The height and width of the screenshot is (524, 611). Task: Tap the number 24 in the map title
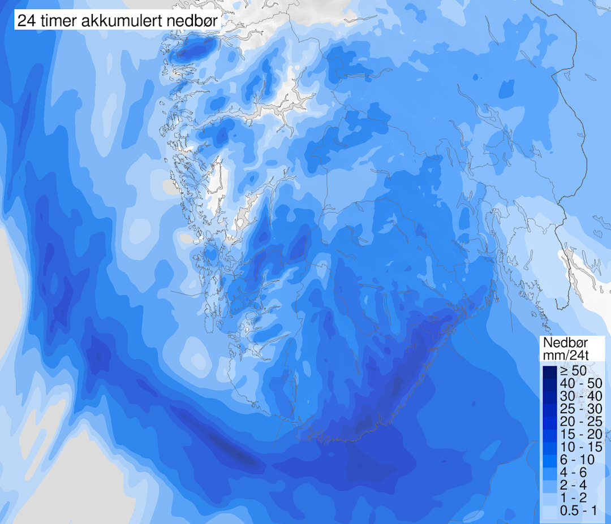tap(24, 21)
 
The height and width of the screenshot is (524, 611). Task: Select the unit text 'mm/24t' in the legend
tap(565, 356)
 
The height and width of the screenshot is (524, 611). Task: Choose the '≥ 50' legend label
tap(573, 371)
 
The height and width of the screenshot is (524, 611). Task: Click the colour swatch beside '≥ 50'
tap(549, 371)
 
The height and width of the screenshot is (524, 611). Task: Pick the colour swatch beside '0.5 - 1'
tap(549, 510)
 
